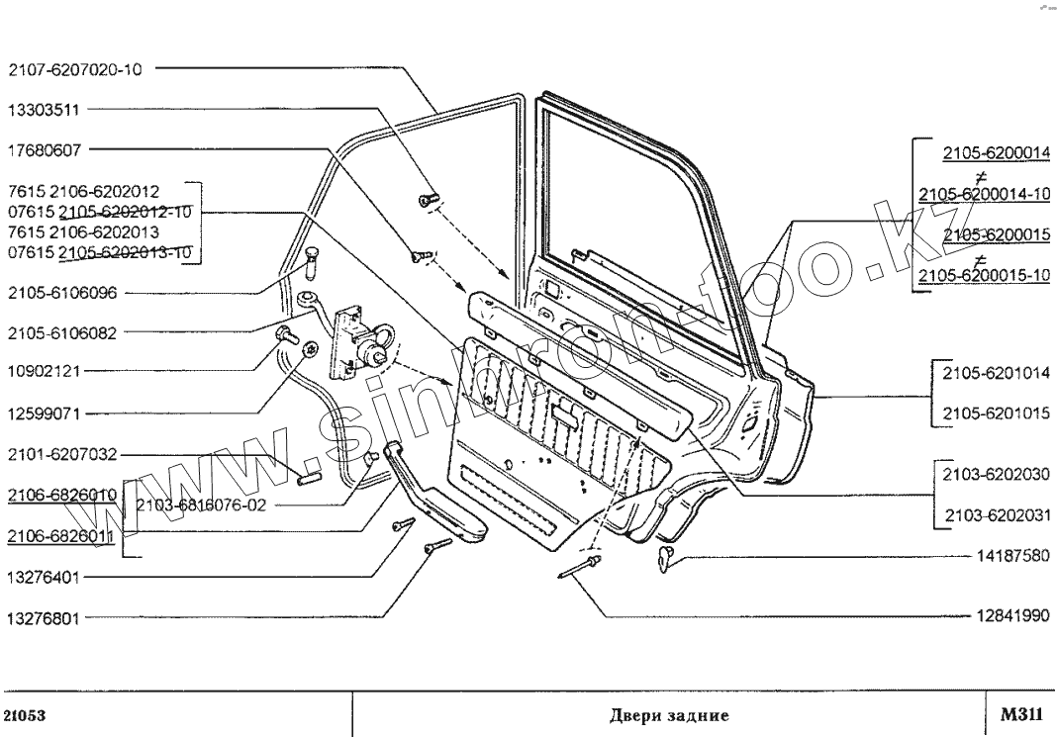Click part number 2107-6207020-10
pos(74,70)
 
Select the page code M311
pos(1018,713)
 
